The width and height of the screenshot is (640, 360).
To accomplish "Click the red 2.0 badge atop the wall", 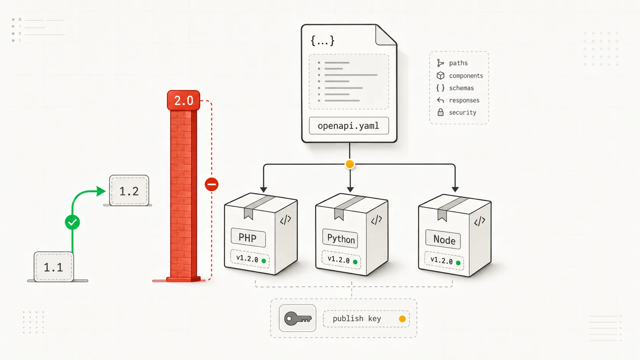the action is tap(183, 100).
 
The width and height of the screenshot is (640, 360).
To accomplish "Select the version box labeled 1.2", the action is tap(129, 191).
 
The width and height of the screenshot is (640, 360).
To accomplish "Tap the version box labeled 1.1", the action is tap(54, 267).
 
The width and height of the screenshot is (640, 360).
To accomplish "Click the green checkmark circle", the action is tap(72, 222).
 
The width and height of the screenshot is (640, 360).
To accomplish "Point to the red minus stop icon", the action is tap(212, 184).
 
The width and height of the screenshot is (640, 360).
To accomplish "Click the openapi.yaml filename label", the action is tap(349, 125).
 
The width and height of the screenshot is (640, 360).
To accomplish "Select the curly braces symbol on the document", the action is tap(323, 41).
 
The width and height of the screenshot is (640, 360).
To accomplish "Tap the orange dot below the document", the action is tap(350, 164).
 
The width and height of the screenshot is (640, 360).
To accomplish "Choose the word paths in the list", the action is tap(458, 63).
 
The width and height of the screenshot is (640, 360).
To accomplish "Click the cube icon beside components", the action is tap(441, 75).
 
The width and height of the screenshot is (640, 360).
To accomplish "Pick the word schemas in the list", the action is tap(461, 88).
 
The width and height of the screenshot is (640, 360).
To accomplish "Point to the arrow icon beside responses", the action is tap(440, 100).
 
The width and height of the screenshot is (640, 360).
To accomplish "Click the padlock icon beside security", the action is tap(441, 112).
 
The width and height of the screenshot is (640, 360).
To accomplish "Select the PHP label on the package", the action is tap(248, 238).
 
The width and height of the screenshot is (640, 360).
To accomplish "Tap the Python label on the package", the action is tap(340, 238).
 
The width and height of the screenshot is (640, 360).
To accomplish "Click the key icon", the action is tap(298, 318).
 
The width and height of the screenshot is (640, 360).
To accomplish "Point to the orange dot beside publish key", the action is tap(402, 319).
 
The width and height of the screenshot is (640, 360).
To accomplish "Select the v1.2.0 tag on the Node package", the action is tap(444, 261).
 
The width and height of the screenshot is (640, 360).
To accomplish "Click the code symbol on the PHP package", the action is tap(286, 220).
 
